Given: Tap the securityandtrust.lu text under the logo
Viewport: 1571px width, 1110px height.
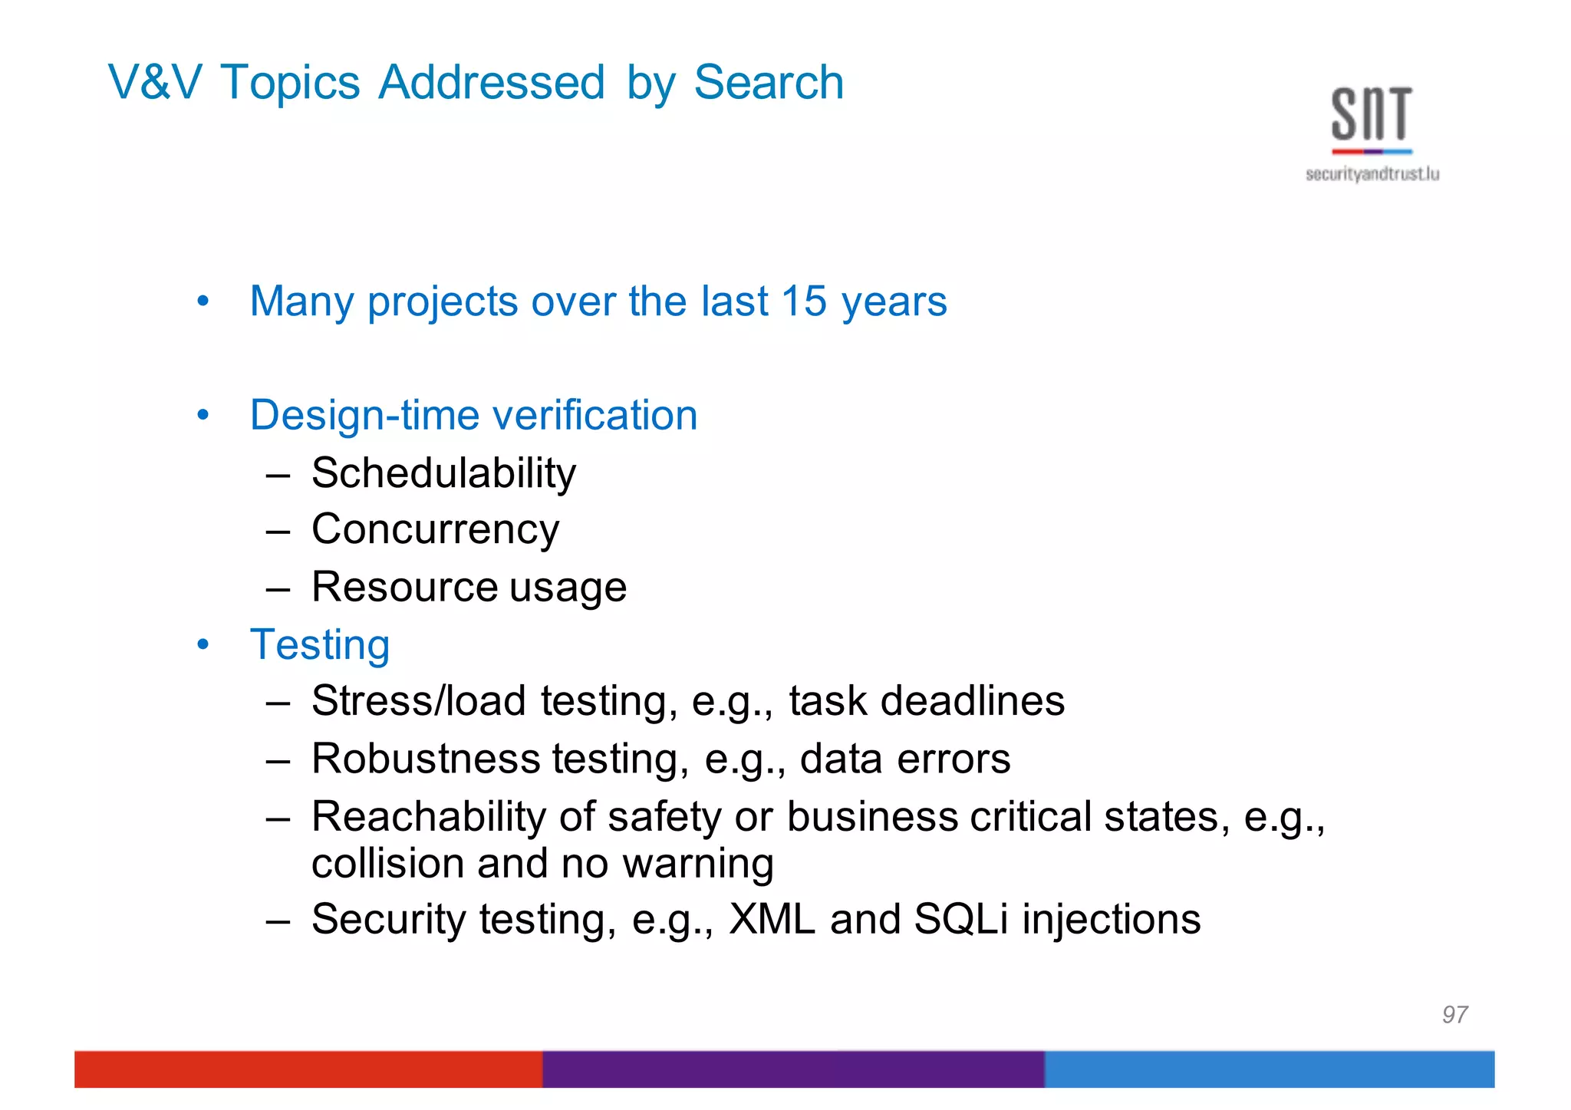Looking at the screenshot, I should (x=1372, y=175).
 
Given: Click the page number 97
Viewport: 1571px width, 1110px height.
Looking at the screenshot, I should (x=1454, y=1015).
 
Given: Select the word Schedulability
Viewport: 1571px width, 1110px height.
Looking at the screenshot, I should (x=443, y=473).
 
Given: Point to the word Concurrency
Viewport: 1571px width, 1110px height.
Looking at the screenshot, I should (x=435, y=529).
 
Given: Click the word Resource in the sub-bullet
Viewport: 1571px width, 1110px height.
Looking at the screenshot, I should (x=404, y=587).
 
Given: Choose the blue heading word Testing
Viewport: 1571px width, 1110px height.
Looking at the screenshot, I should (x=320, y=644).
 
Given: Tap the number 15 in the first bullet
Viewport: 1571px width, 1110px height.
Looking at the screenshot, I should (x=804, y=301).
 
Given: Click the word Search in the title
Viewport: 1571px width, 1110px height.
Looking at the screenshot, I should (x=769, y=82).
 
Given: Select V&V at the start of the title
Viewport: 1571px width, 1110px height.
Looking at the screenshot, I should (x=155, y=82).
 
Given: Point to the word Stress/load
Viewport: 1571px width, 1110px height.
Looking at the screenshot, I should (x=418, y=701).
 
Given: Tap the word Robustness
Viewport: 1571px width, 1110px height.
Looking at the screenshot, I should (x=426, y=759).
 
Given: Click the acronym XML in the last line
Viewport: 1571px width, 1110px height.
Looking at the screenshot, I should (x=772, y=919).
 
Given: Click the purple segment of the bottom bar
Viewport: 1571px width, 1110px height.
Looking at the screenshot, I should (x=793, y=1069).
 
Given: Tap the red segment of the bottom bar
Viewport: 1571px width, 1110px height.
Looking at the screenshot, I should (x=308, y=1069).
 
